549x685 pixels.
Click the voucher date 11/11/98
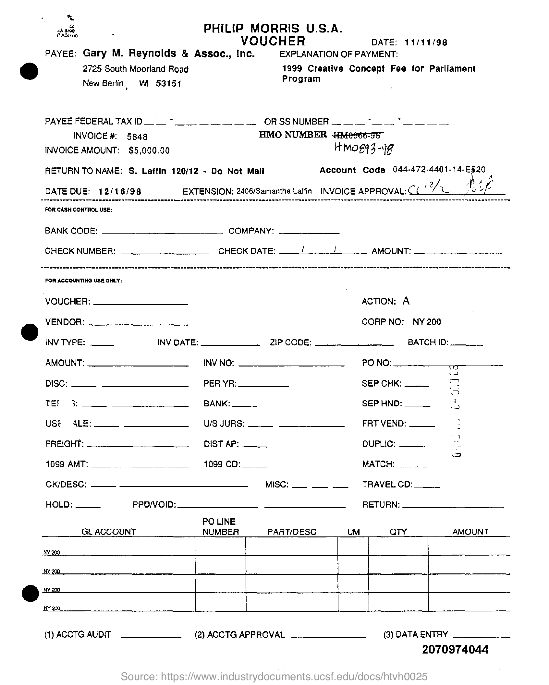[426, 42]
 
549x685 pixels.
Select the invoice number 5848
[137, 137]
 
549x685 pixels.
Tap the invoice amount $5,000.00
[149, 150]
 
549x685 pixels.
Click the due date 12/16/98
[120, 191]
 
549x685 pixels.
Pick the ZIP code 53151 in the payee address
[168, 84]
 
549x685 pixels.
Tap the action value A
[406, 301]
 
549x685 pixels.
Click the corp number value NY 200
[427, 322]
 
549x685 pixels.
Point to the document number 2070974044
[455, 649]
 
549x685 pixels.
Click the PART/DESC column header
[291, 532]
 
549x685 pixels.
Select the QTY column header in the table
[398, 532]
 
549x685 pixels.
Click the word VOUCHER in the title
[273, 41]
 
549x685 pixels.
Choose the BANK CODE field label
[71, 231]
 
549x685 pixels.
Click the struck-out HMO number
[357, 135]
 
